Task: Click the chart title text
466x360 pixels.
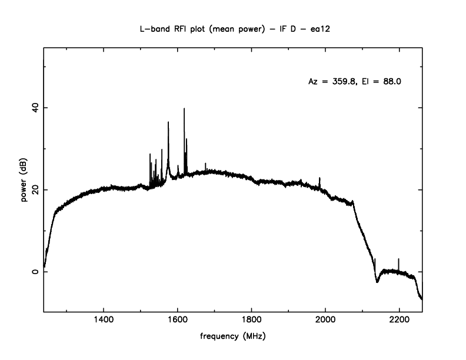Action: [x=233, y=28]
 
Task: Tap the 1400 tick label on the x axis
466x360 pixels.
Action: [x=104, y=320]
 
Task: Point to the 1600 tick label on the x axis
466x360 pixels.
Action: [x=178, y=320]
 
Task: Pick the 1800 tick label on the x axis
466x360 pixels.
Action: [x=251, y=320]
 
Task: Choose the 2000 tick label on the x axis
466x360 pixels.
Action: [x=325, y=320]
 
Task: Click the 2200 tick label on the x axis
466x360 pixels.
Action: [x=399, y=320]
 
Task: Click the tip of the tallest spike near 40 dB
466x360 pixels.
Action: [x=184, y=109]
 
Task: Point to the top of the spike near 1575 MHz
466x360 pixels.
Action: [x=168, y=122]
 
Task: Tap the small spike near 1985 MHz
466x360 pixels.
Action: [x=319, y=178]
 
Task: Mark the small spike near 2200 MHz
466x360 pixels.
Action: [x=399, y=259]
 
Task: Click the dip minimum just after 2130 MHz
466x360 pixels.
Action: [x=377, y=282]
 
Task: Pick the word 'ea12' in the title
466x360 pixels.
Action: [x=318, y=28]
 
